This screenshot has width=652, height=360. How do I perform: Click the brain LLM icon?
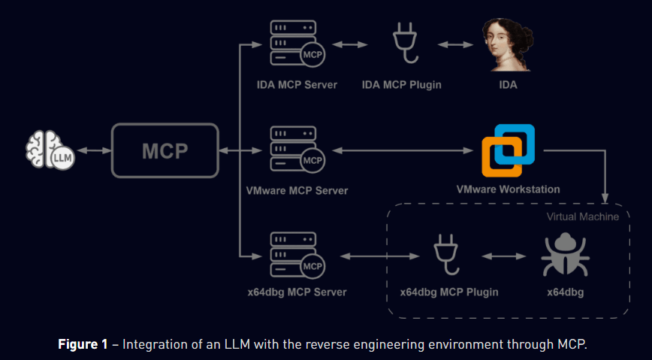click(x=49, y=151)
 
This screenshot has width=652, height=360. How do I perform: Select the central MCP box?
click(x=165, y=151)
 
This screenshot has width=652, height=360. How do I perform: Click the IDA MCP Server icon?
click(x=296, y=45)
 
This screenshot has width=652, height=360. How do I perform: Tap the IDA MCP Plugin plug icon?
click(x=401, y=45)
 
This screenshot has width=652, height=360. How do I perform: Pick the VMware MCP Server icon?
click(x=296, y=151)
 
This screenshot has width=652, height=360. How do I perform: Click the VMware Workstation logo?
click(x=508, y=150)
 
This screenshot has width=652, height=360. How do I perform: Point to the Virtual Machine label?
click(x=582, y=216)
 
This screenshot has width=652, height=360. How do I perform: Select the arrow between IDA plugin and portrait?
click(x=456, y=45)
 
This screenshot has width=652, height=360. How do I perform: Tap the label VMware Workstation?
click(x=508, y=189)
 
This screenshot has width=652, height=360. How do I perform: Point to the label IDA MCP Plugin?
click(x=401, y=85)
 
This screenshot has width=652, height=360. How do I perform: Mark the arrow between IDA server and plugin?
click(x=348, y=45)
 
